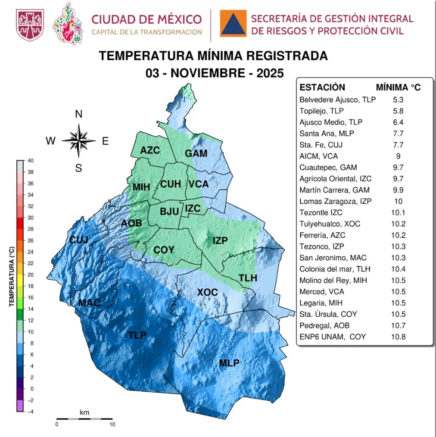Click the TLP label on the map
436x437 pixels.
point(137,335)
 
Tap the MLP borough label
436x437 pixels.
point(229,363)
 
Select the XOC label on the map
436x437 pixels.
point(207,293)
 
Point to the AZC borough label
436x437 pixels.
point(150,150)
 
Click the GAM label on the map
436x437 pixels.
point(196,153)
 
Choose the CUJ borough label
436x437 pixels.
point(79,240)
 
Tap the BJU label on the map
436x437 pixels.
point(169,212)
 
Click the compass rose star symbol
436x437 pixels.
point(78,140)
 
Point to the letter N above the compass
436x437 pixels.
point(78,114)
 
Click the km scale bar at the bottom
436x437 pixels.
point(84,418)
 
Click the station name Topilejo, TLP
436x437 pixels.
point(321,111)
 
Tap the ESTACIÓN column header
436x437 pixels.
point(322,87)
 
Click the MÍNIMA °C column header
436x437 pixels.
point(398,87)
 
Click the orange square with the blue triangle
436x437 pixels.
point(233,23)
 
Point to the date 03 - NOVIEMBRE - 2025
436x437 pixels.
point(214,73)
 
